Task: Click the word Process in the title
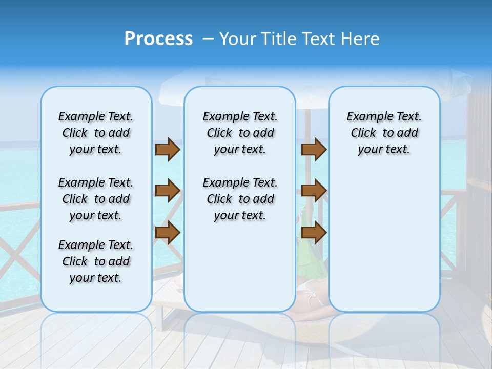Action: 158,39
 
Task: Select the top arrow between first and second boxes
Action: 168,150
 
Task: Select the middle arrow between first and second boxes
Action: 168,191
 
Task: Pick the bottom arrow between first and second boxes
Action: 168,233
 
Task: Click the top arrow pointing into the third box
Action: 314,150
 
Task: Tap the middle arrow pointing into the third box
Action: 314,191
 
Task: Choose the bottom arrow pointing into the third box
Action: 314,233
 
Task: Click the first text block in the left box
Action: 96,133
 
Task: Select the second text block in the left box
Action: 96,199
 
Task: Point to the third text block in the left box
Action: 96,261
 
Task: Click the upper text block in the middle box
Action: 240,133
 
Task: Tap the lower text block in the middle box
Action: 240,199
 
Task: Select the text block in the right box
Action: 384,133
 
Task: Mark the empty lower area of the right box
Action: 384,241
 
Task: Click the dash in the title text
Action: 208,39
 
